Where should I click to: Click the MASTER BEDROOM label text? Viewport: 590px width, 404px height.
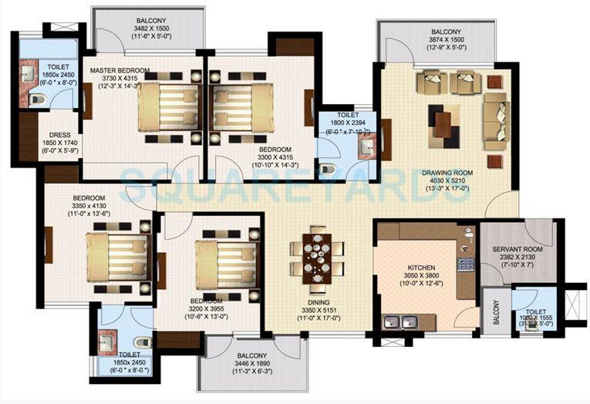coord(120,70)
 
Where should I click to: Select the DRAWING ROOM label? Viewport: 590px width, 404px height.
coord(447,173)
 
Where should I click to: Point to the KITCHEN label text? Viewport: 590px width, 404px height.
coord(422,268)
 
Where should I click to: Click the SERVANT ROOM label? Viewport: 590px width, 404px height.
coord(518,250)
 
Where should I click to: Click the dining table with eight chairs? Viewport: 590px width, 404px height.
coord(317,257)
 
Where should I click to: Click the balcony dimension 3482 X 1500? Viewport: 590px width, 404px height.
coord(148,28)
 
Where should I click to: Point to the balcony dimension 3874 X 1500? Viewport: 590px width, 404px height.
coord(436,41)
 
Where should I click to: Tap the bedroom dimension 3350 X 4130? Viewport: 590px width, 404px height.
coord(89,205)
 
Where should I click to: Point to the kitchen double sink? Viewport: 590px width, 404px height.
coord(399,322)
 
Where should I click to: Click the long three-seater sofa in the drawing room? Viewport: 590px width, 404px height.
coord(495,121)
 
